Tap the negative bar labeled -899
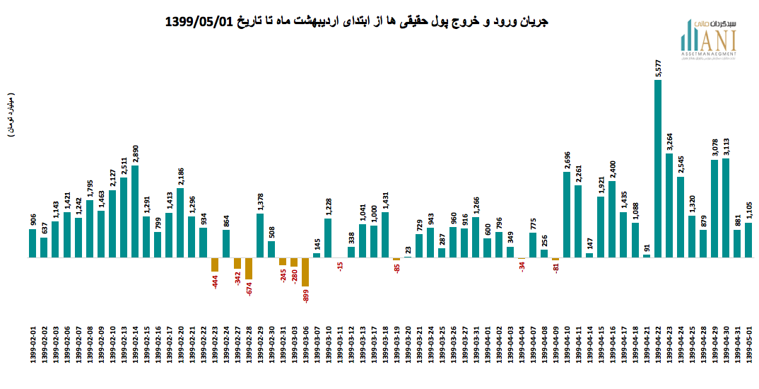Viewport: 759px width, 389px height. click(305, 272)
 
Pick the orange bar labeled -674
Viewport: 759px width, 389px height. click(249, 268)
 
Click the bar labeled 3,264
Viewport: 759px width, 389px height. click(669, 205)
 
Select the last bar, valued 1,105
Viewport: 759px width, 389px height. click(748, 240)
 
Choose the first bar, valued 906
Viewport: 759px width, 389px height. click(33, 243)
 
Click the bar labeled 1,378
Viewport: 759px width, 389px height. click(260, 235)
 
